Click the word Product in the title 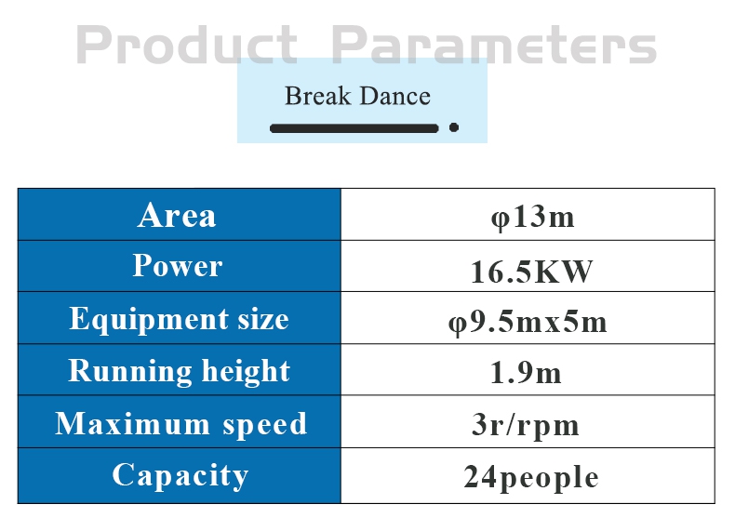click(187, 45)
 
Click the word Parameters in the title click(494, 45)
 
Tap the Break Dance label click(357, 96)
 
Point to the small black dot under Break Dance click(454, 127)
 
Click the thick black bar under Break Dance click(354, 128)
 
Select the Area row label click(177, 216)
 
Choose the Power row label click(178, 266)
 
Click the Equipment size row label click(179, 319)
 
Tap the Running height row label click(179, 371)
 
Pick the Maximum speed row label click(180, 424)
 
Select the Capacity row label click(180, 475)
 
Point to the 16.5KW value click(531, 272)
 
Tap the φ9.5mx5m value click(528, 324)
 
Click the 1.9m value click(526, 374)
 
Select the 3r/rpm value click(526, 426)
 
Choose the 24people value click(531, 478)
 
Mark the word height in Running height click(247, 371)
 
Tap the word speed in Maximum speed click(265, 425)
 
